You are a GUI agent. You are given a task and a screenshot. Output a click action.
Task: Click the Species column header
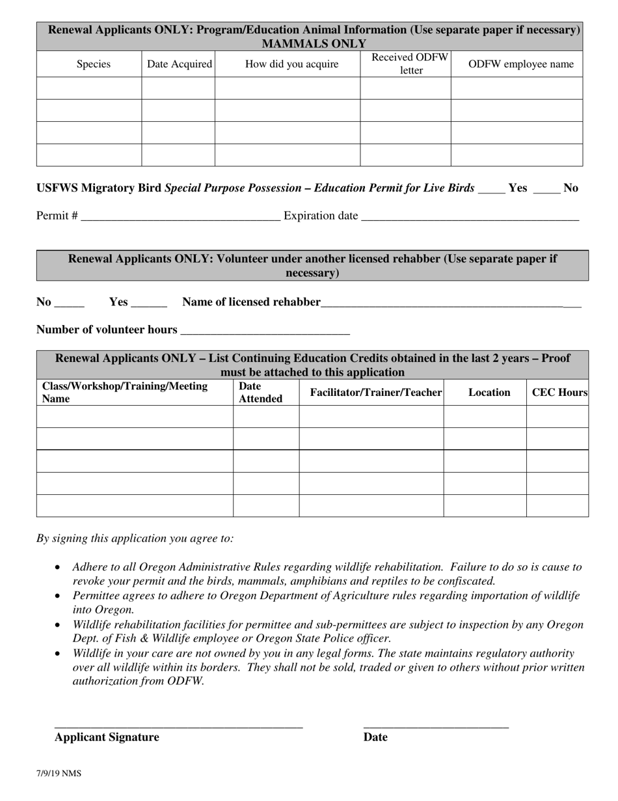[93, 64]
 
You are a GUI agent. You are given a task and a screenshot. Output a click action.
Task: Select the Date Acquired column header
[179, 64]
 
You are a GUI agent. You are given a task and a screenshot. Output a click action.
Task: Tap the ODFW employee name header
[521, 64]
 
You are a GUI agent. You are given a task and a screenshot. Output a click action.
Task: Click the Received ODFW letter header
[410, 64]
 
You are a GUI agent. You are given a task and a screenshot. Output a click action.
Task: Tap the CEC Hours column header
[559, 393]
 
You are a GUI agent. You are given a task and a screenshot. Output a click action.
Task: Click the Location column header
[489, 393]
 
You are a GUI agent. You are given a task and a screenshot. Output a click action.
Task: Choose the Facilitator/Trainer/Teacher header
[376, 393]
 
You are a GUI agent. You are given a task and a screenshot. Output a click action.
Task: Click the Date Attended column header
[260, 393]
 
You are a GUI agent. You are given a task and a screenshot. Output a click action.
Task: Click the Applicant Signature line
[178, 724]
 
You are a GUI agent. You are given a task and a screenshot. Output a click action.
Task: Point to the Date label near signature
[375, 737]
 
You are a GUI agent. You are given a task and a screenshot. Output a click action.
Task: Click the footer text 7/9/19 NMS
[59, 774]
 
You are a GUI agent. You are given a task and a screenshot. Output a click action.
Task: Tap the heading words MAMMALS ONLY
[313, 44]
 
